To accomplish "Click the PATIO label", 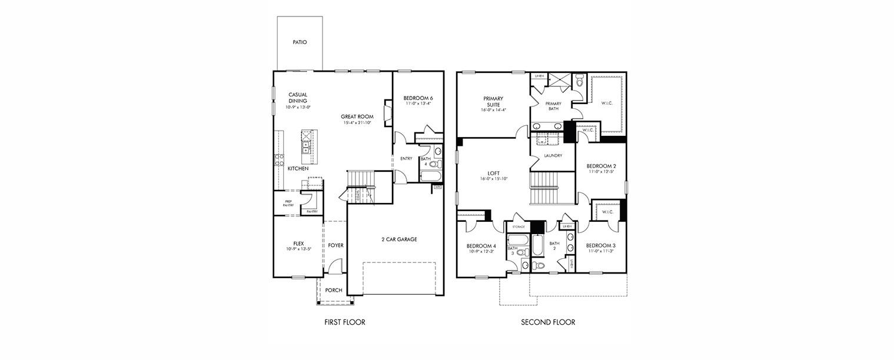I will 300,42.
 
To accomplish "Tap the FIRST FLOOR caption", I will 345,322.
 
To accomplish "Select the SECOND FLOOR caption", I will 548,322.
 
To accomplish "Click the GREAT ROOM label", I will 357,116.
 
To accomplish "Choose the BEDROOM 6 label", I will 418,98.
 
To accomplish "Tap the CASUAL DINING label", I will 297,98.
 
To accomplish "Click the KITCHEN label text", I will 298,169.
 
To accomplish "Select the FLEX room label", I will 298,243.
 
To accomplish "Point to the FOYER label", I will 335,245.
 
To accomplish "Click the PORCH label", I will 334,290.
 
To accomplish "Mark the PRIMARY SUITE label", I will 493,102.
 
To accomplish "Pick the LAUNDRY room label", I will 553,156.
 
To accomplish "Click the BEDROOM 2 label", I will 601,166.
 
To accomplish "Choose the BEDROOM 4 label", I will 481,246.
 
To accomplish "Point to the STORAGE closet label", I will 518,226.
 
